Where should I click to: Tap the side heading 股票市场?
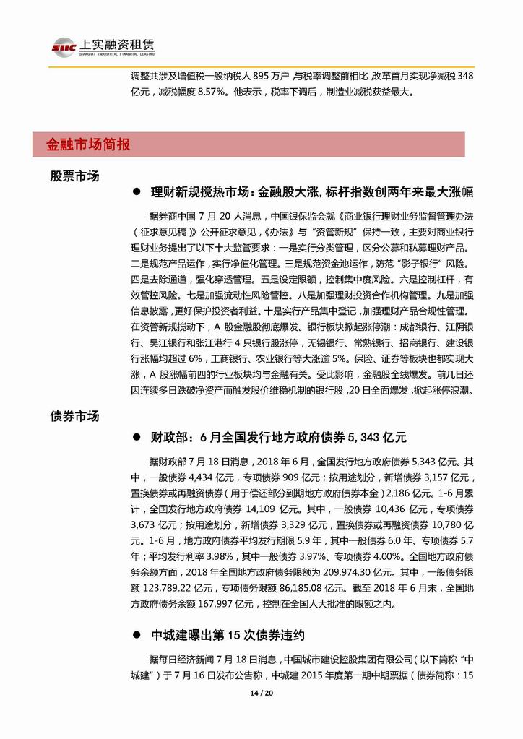(74, 176)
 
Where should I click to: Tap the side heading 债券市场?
(74, 417)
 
